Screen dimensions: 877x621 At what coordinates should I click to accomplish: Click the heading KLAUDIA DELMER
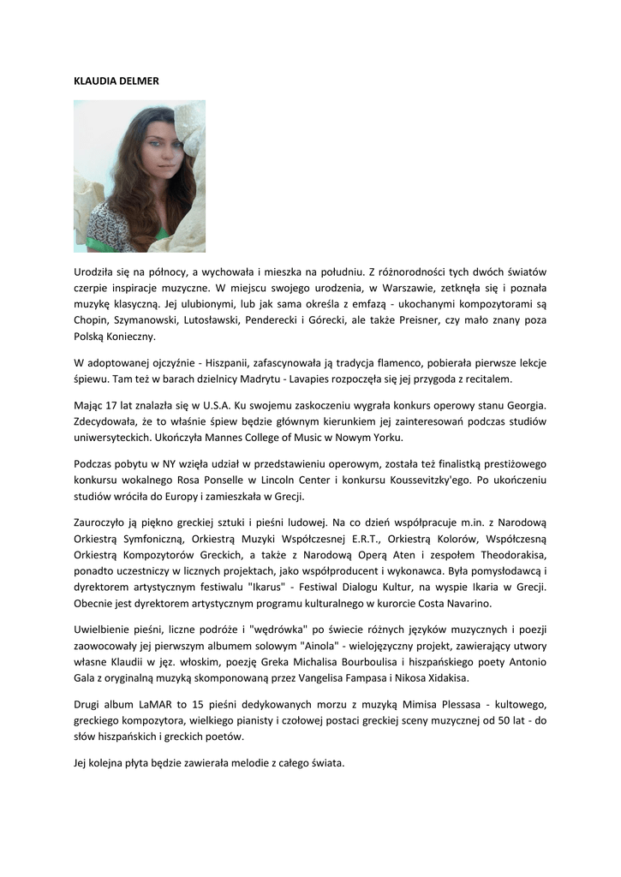click(116, 81)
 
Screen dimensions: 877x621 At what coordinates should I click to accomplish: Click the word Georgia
click(522, 405)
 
